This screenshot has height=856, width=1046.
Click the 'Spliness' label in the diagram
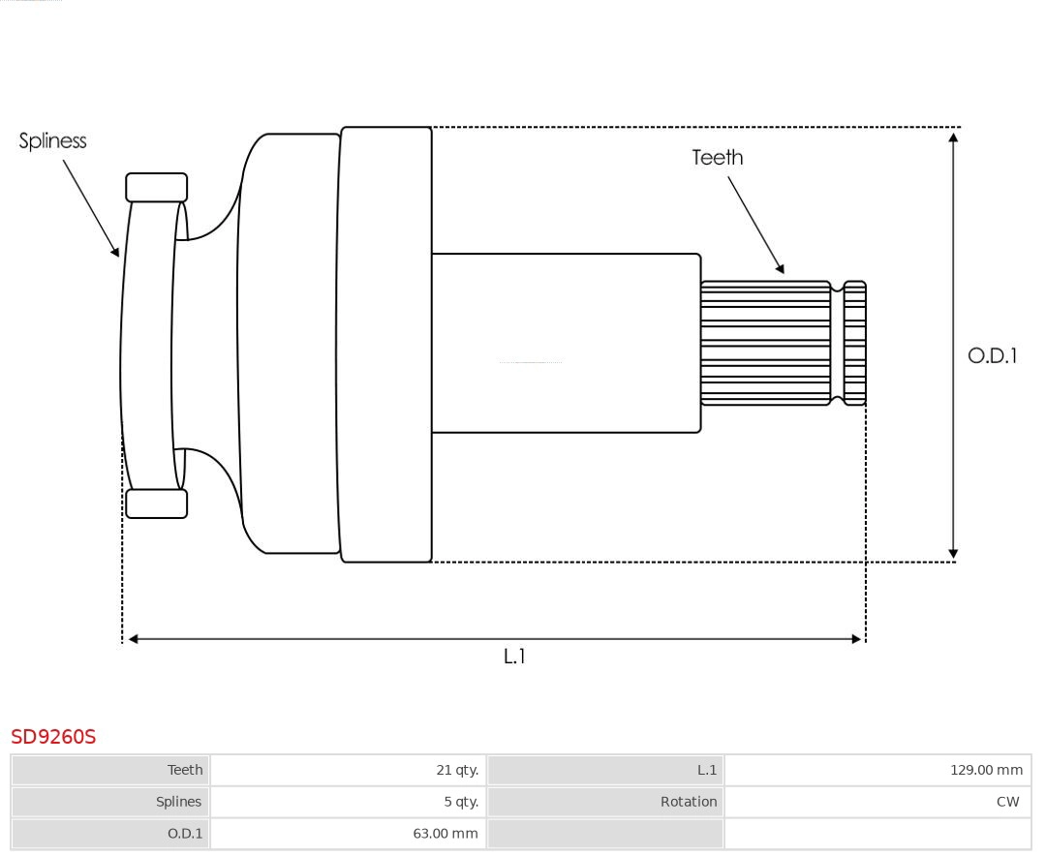point(52,141)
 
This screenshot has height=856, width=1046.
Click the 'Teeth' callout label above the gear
point(717,157)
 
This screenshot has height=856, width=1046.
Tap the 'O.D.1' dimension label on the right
point(992,355)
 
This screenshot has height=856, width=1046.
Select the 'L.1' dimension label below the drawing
point(514,657)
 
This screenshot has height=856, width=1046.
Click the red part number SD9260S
point(53,737)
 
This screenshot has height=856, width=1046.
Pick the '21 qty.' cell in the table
point(456,770)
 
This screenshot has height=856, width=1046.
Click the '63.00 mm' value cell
point(445,833)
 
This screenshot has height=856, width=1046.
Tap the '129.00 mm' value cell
point(985,770)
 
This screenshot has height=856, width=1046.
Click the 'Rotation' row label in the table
point(689,802)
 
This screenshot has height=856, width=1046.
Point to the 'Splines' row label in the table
point(178,802)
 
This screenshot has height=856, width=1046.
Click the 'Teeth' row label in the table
point(185,770)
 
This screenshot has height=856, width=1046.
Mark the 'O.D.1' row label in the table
point(183,833)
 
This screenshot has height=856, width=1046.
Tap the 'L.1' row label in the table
point(706,770)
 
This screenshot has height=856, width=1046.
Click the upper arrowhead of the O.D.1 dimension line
point(953,138)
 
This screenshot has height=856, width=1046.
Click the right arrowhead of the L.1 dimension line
point(855,639)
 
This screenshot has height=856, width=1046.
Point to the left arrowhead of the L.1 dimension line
point(134,639)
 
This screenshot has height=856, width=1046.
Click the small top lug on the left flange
point(156,188)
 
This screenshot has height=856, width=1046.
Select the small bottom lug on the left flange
point(156,504)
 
